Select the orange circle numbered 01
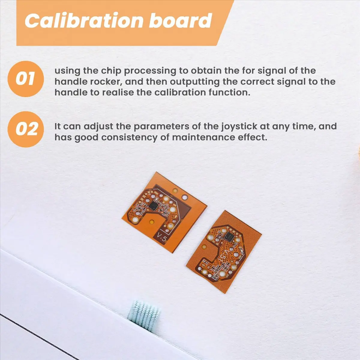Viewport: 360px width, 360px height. pyautogui.click(x=25, y=79)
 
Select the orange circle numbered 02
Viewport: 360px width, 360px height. pyautogui.click(x=25, y=129)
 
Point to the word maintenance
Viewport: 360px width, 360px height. pyautogui.click(x=203, y=138)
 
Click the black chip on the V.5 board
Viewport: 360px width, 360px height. pyautogui.click(x=153, y=206)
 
